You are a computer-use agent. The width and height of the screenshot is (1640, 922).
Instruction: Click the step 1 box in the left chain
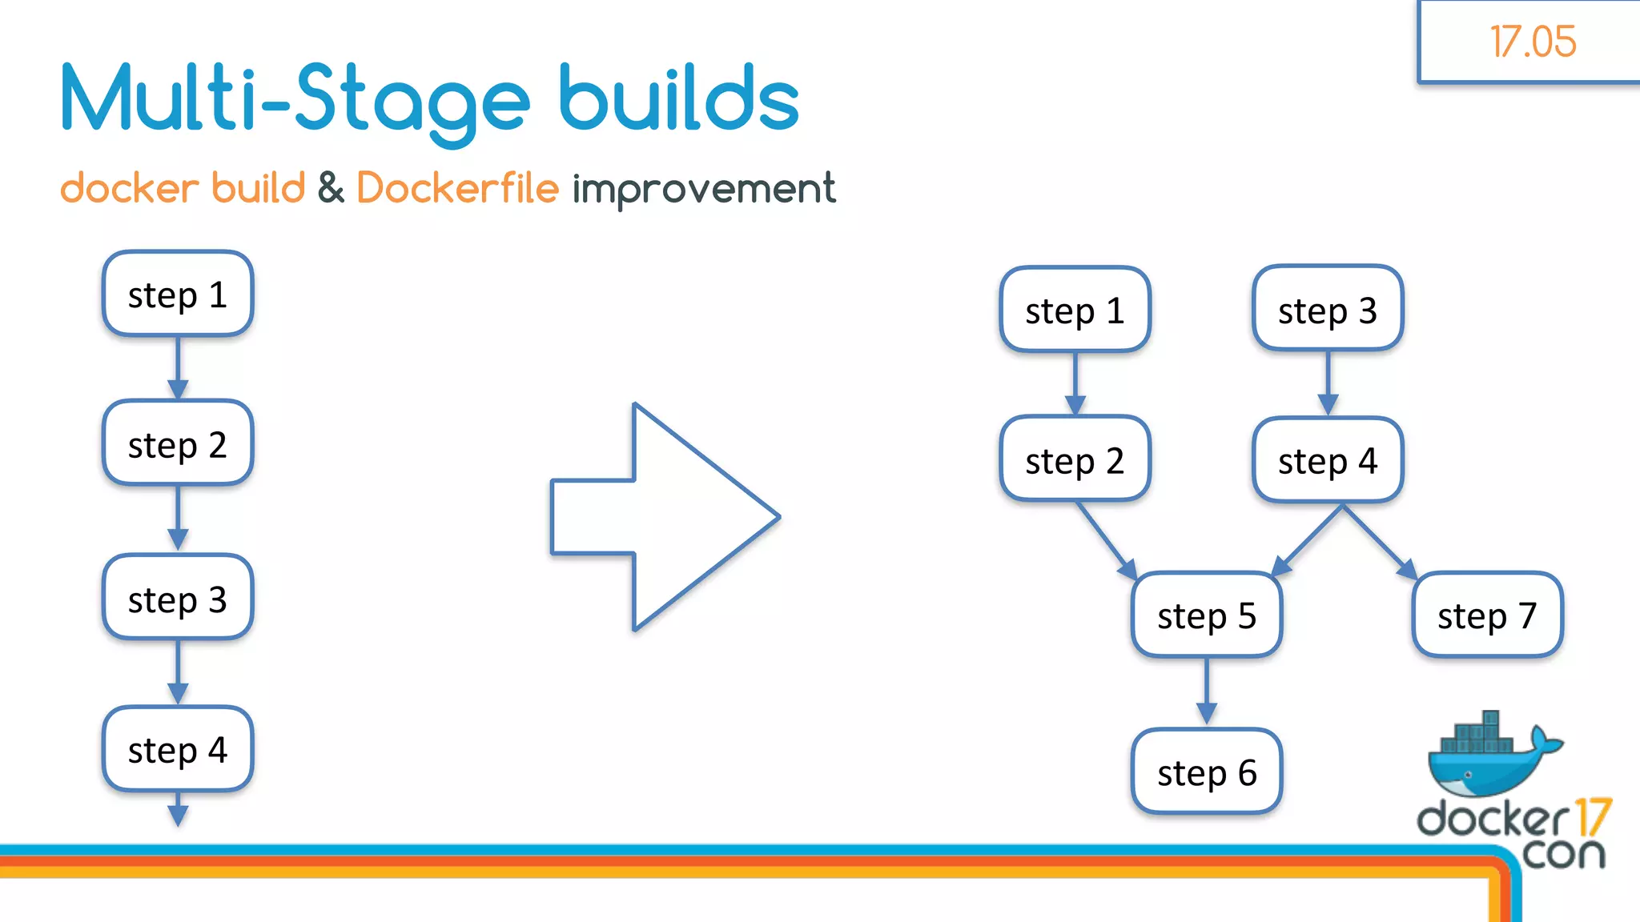(178, 295)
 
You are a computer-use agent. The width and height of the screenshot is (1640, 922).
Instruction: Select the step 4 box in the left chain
(178, 749)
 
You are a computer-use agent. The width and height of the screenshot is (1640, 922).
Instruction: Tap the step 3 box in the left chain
(178, 599)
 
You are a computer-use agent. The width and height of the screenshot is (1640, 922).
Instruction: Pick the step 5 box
(1207, 615)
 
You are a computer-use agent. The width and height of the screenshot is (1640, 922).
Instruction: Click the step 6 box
(1207, 772)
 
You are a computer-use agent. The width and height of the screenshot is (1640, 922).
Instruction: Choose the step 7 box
(1487, 615)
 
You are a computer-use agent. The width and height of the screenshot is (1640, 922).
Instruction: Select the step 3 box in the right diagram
(1328, 309)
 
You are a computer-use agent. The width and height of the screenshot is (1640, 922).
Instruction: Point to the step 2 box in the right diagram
(1075, 459)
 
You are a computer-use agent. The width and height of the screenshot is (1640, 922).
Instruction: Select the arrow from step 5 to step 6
(1207, 691)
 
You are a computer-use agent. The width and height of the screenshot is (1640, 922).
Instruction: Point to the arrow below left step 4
(178, 808)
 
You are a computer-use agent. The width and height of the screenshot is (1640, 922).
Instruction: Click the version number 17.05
(1533, 42)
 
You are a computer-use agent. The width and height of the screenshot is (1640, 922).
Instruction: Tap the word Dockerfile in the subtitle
(457, 189)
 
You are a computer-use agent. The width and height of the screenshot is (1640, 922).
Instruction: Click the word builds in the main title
(679, 99)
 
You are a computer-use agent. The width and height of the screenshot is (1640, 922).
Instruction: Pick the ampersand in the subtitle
(331, 189)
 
